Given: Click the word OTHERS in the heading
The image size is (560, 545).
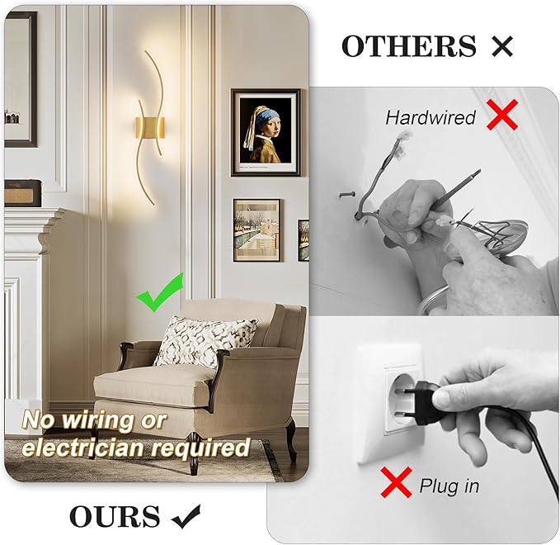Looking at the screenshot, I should (x=408, y=46).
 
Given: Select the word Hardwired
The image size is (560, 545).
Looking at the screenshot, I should (x=431, y=118).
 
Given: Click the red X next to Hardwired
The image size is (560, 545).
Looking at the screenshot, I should (x=501, y=116).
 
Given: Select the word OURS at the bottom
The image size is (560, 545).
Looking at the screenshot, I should (x=115, y=517).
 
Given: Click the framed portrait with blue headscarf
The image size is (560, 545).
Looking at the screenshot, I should (x=265, y=132).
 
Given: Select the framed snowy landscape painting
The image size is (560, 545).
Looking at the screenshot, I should (x=256, y=230).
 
